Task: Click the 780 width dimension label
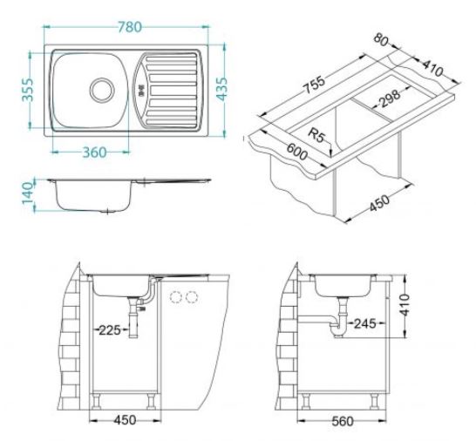point(130,27)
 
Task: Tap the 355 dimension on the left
point(28,90)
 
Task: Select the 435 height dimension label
point(222,89)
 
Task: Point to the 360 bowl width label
point(94,152)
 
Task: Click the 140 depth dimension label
point(27,193)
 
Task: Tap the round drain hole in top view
point(102,90)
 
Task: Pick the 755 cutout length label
point(314,84)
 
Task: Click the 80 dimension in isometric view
point(381,40)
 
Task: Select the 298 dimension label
point(390,98)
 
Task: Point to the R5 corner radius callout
point(316,135)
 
